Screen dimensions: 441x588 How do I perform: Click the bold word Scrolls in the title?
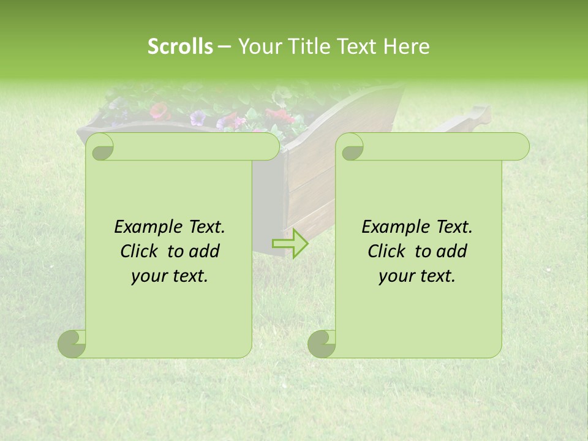[x=180, y=47]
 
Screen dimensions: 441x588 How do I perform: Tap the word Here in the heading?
[x=407, y=47]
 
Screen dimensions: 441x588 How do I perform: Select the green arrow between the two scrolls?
[x=290, y=243]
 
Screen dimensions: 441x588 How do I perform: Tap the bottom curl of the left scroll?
[x=72, y=344]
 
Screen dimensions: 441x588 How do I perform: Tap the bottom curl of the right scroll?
[x=322, y=344]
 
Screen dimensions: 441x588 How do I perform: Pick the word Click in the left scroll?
[x=138, y=251]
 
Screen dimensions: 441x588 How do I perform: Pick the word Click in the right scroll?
[x=385, y=251]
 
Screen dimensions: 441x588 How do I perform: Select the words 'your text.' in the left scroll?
[x=170, y=276]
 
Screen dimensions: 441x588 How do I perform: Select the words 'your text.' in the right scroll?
[x=417, y=276]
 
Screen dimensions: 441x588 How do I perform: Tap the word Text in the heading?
[x=356, y=47]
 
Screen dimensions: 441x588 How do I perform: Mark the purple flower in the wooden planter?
[x=198, y=118]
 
